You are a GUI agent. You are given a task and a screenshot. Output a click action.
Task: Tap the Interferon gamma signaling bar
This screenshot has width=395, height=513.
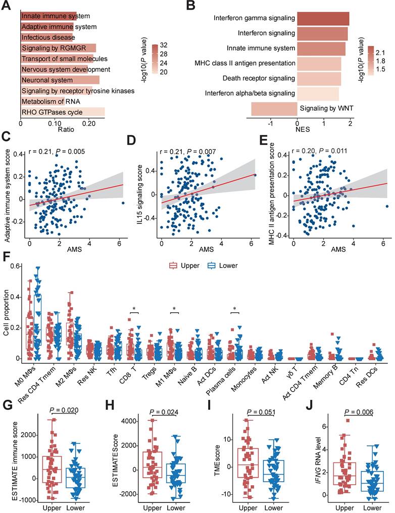323,18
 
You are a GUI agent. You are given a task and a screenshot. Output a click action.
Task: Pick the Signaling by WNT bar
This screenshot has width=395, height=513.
274,108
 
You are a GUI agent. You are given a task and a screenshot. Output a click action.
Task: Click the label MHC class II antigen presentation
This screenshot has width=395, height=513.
245,63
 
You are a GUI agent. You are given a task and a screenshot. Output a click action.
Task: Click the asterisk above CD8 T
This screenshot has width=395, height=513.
134,309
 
